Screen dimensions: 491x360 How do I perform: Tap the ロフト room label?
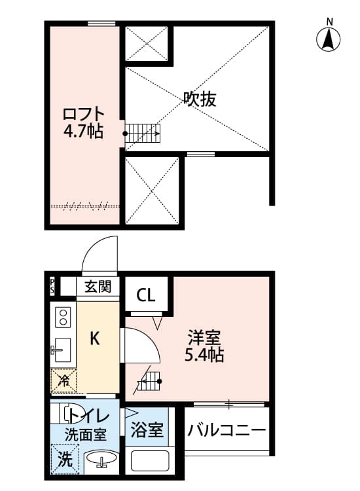click(83, 112)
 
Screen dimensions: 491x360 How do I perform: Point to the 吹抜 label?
click(200, 100)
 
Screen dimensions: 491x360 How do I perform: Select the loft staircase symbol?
click(143, 133)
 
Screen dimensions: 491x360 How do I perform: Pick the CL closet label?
click(146, 295)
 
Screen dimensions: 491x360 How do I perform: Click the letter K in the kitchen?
click(95, 338)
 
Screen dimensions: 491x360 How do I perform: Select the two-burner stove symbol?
click(63, 318)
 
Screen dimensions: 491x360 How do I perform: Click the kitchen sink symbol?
click(63, 351)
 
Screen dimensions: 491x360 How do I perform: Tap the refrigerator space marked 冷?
click(64, 380)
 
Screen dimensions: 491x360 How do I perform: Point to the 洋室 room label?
click(204, 338)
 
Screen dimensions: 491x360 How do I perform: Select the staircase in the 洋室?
click(149, 381)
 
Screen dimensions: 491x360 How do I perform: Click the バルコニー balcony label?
click(227, 430)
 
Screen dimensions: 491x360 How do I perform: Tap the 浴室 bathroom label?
click(147, 431)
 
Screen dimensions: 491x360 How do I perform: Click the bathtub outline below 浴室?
click(150, 461)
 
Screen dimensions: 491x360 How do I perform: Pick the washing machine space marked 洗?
click(64, 458)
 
